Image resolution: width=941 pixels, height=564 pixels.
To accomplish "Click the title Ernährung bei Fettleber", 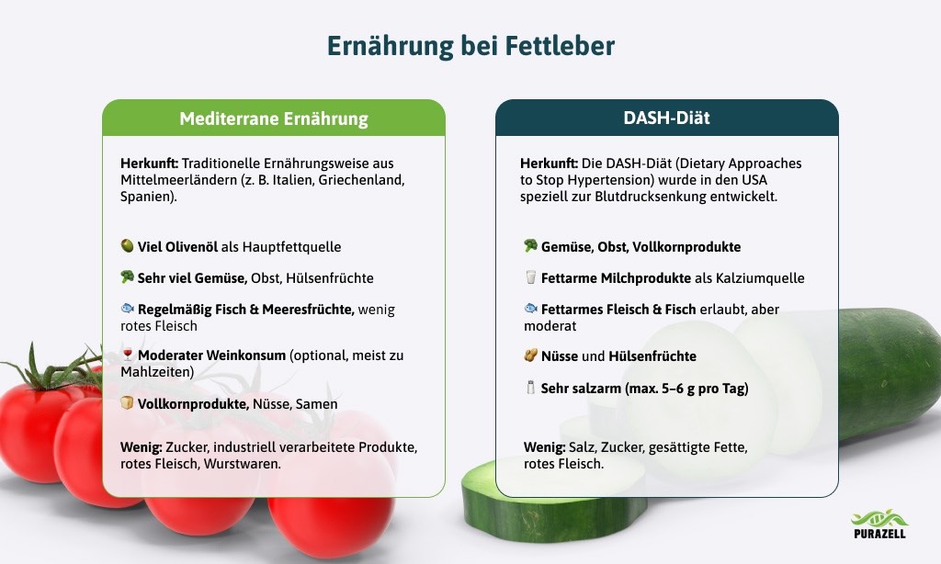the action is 470,46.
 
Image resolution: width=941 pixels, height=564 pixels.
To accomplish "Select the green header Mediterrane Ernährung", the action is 274,118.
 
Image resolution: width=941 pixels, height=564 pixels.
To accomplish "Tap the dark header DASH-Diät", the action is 667,118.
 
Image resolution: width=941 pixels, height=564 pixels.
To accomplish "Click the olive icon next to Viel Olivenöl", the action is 127,246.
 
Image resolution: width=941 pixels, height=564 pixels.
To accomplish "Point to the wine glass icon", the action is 127,355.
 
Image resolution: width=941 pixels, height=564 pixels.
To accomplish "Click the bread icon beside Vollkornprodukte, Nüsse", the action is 127,403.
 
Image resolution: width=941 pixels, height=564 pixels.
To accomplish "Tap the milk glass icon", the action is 530,277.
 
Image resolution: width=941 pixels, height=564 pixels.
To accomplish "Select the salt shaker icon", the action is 530,388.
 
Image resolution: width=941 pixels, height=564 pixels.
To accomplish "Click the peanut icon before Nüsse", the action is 530,355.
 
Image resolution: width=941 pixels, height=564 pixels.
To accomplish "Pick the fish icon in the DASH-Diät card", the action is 530,309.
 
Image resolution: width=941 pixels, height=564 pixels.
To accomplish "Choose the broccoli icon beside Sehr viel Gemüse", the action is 127,277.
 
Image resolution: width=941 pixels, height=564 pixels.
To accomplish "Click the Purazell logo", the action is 879,524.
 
